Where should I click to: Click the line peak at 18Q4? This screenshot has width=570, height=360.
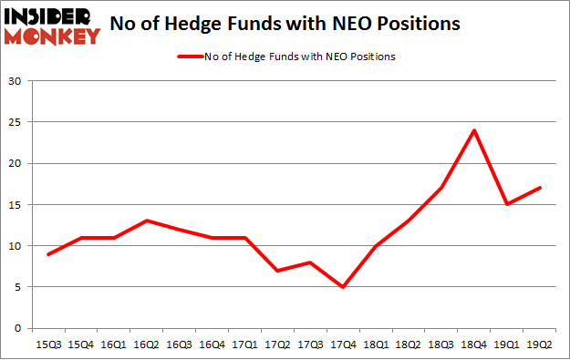click(x=475, y=130)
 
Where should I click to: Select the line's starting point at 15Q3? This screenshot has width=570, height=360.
click(x=49, y=254)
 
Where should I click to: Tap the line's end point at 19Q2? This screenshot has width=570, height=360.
click(x=540, y=188)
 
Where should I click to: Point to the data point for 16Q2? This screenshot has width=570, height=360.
click(x=148, y=221)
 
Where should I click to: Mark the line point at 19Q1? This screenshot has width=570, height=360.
click(x=507, y=204)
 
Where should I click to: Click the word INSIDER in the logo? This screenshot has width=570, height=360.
click(x=51, y=16)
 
